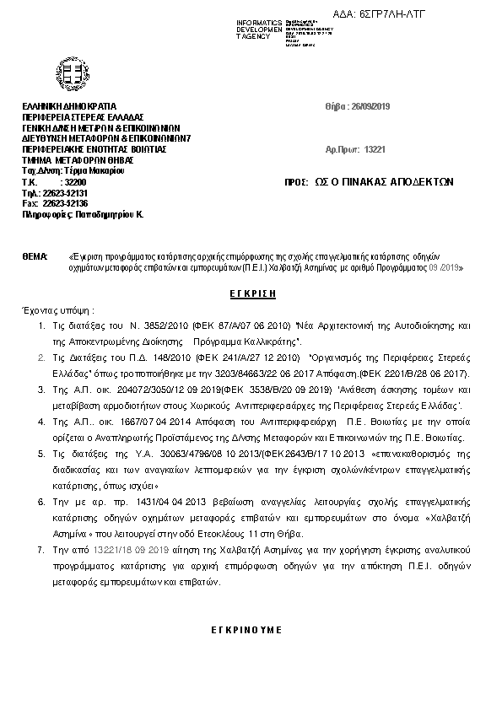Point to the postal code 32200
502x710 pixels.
(75, 181)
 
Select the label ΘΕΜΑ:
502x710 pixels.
(35, 255)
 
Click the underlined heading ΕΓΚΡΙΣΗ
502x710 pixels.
(252, 290)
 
